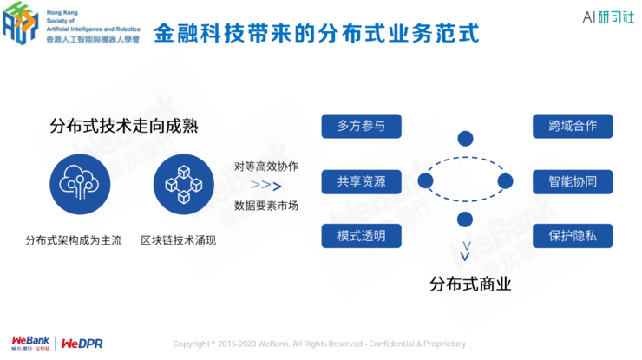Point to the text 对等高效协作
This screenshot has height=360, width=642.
click(x=265, y=166)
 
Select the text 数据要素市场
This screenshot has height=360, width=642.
click(x=265, y=206)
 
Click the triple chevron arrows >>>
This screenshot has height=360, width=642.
click(x=265, y=186)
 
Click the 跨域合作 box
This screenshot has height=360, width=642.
click(x=573, y=125)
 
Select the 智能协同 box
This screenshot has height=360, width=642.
click(x=573, y=181)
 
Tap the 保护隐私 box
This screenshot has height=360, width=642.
click(x=573, y=236)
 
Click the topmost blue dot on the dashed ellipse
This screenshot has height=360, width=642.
click(x=465, y=139)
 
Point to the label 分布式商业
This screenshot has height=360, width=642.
click(x=466, y=284)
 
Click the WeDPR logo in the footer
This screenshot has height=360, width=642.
click(x=82, y=344)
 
